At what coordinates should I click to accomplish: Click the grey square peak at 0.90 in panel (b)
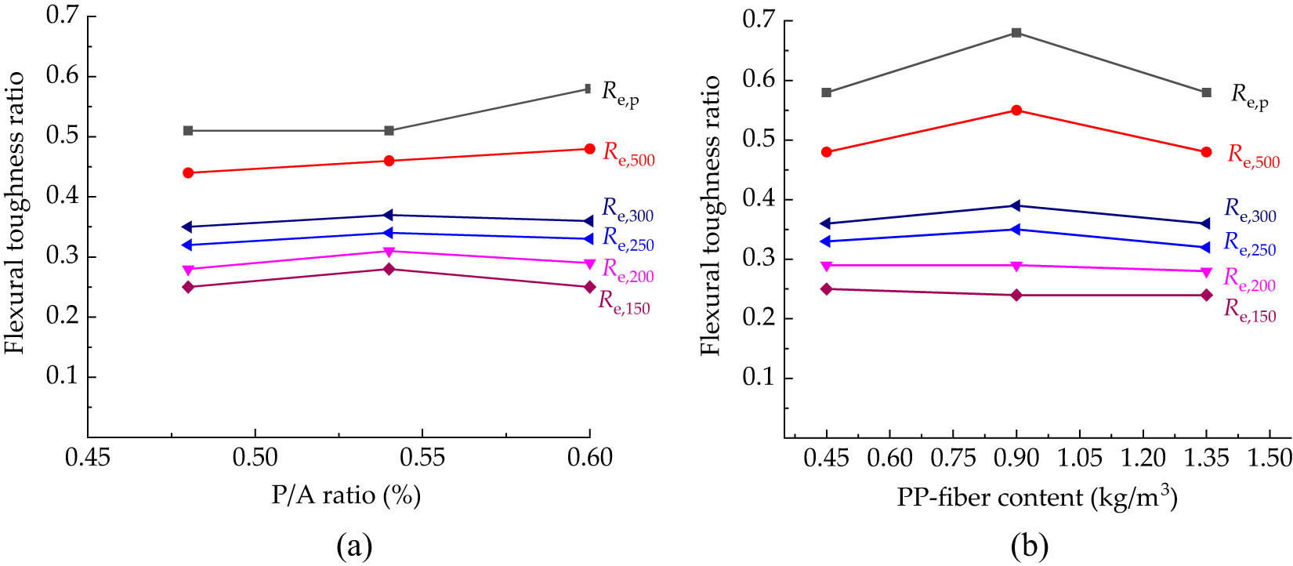(1016, 33)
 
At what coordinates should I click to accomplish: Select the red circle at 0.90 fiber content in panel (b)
(1016, 111)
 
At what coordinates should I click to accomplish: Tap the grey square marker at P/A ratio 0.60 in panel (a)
(589, 89)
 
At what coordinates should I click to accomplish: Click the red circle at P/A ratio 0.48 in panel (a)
(188, 172)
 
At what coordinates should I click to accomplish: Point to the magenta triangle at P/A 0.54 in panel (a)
(389, 252)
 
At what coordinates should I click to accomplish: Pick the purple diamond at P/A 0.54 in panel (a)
(389, 269)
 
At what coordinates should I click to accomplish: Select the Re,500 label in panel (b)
(1253, 157)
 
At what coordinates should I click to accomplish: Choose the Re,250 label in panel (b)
(1250, 245)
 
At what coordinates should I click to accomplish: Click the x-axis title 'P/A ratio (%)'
(346, 496)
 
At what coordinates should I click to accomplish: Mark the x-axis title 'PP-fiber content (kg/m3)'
(1037, 497)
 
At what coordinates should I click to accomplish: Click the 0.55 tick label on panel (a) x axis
(422, 458)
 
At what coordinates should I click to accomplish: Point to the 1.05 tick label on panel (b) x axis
(1080, 458)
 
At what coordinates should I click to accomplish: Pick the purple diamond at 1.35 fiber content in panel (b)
(1206, 295)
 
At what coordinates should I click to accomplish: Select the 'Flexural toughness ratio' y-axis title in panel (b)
(711, 216)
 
